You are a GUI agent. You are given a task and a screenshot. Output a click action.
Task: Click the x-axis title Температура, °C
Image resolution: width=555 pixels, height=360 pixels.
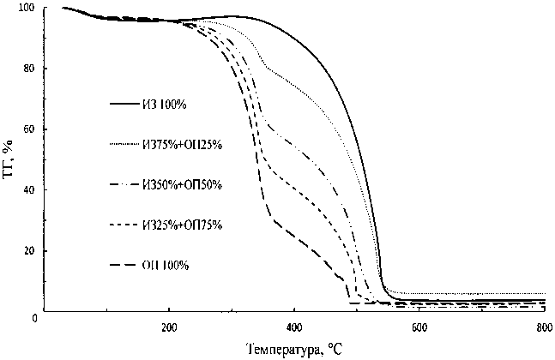click(294, 350)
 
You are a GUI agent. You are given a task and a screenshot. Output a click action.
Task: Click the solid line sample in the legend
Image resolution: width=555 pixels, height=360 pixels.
click(125, 105)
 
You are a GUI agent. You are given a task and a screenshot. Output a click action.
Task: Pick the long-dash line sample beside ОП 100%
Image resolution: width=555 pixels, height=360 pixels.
click(125, 265)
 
